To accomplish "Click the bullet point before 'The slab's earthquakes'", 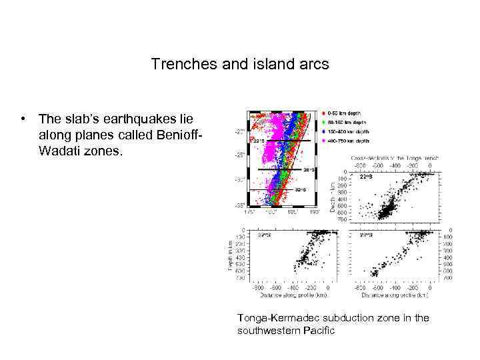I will tap(23, 119).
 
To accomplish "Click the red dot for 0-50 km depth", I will tap(323, 113).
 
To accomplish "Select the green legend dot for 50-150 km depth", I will tap(323, 122).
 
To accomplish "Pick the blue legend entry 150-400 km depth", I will tap(323, 131).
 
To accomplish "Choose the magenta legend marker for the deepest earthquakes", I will tap(323, 141).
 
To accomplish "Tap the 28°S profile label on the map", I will tap(309, 169).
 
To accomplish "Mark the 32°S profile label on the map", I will tap(300, 189).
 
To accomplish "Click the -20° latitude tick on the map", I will tap(239, 131).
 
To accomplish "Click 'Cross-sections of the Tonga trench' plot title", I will tap(393, 157).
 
